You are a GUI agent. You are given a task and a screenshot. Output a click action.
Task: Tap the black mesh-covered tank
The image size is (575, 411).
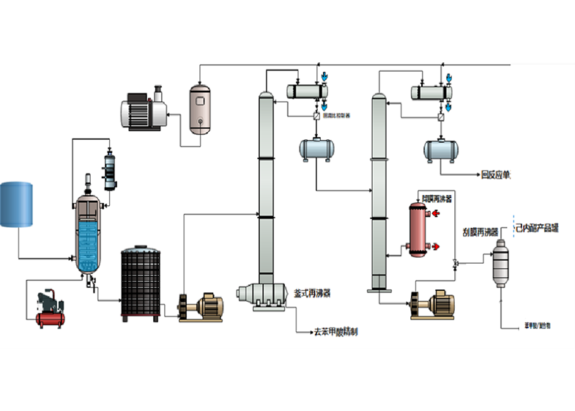coord(140,283)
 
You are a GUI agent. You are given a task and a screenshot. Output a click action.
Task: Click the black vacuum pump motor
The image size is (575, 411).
coord(144,112)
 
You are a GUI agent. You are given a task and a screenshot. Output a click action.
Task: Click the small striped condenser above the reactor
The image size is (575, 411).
coord(111,170)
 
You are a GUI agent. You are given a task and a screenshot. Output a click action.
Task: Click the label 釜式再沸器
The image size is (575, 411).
coord(312,292)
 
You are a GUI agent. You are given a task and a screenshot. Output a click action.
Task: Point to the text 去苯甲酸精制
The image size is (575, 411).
coord(335,332)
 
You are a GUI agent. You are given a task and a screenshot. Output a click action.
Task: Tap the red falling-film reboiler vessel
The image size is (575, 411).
coord(419,229)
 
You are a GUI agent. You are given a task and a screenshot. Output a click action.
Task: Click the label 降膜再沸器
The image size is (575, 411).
coord(437,199)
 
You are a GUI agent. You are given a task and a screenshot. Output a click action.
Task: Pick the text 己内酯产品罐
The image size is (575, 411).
coord(538,228)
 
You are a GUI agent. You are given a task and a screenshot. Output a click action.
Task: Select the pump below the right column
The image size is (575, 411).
coord(433,303)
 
